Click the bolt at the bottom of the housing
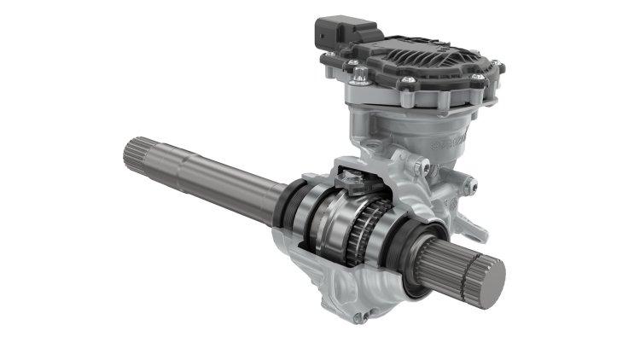[363, 317]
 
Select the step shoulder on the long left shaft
[183, 165]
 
